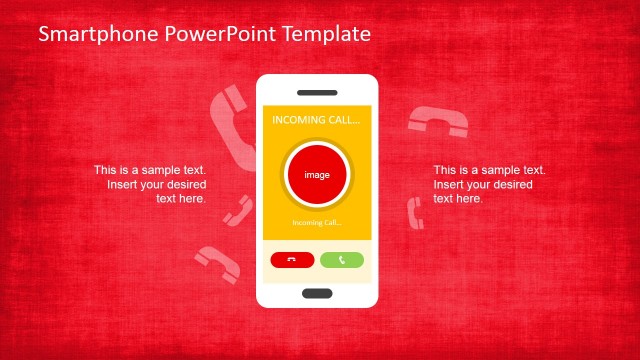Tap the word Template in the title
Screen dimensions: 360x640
(x=322, y=34)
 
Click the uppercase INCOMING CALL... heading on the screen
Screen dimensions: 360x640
(x=316, y=120)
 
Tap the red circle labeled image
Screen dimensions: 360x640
(x=317, y=175)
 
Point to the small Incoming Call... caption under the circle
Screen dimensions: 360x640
(x=317, y=222)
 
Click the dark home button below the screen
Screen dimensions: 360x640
(x=317, y=293)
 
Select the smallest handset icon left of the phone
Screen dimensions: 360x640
(x=238, y=209)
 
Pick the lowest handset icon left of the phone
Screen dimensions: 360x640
(x=216, y=262)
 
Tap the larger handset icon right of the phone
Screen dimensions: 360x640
(x=438, y=122)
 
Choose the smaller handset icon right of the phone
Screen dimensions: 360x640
(x=414, y=212)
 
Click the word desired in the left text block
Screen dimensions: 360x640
(x=185, y=184)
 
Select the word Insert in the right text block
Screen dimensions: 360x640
(x=449, y=184)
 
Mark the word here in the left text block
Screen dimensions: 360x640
(x=193, y=198)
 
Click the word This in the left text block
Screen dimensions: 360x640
(x=105, y=170)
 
